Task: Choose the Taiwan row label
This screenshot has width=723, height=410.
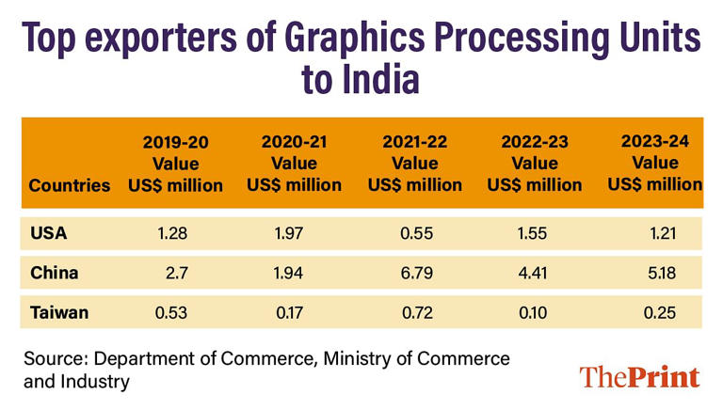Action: (x=58, y=312)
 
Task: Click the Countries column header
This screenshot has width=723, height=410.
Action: (x=70, y=185)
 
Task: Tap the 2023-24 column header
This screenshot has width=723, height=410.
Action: (x=655, y=163)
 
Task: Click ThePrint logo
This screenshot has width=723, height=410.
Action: (x=639, y=377)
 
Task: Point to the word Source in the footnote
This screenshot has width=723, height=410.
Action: (x=56, y=358)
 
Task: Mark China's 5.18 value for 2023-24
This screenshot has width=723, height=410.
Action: (x=659, y=273)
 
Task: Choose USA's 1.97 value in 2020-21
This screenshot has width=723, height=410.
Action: (x=295, y=232)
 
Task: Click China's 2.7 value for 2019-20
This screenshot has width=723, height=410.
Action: (x=179, y=273)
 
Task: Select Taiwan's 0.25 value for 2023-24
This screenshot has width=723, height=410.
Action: (x=659, y=312)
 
